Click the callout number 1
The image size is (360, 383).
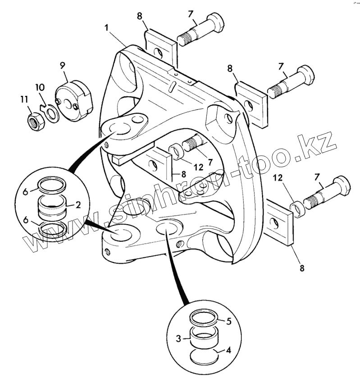[107, 28]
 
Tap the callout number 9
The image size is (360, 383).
[63, 65]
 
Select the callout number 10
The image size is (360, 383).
[40, 87]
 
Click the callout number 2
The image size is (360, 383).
[77, 205]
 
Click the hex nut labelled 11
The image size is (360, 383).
[34, 120]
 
